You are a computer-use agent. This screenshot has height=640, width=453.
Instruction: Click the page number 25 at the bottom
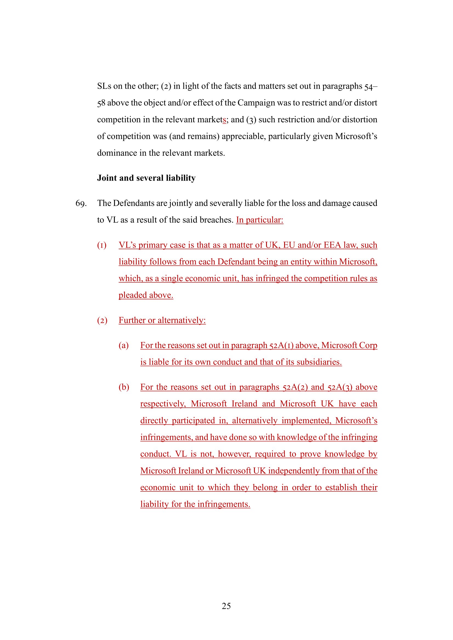(226, 606)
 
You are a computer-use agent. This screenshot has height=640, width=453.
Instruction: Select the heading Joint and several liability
(146, 178)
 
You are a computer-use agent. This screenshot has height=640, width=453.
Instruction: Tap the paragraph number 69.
(81, 204)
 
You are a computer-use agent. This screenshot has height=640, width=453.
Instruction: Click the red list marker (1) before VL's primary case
(102, 245)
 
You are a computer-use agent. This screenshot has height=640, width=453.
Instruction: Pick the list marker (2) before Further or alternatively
(102, 321)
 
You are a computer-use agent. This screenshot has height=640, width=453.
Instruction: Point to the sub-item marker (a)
(124, 346)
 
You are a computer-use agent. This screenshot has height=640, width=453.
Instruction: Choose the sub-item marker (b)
(124, 387)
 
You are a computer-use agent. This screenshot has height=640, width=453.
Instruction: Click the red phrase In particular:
(260, 220)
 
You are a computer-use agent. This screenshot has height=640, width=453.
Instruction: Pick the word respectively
(163, 404)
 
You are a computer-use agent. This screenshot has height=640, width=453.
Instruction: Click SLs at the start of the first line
(104, 86)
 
